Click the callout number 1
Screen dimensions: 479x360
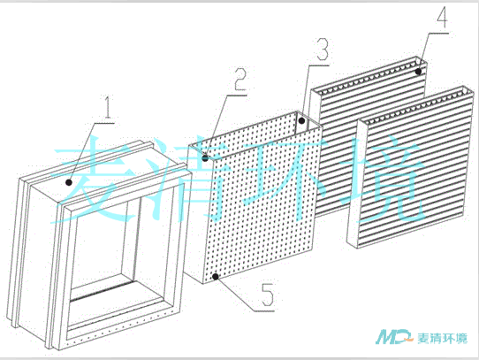coord(107,107)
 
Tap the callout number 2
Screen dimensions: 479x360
coord(240,79)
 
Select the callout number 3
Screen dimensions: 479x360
coord(323,49)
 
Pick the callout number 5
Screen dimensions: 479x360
coord(268,295)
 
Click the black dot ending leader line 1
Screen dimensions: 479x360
coord(69,182)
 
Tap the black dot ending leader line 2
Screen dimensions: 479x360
coord(206,158)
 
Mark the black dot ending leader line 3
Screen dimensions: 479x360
coord(302,120)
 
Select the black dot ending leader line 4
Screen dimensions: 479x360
coord(418,72)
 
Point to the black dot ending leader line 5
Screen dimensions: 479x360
coord(216,277)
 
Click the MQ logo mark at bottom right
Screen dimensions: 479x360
coord(394,337)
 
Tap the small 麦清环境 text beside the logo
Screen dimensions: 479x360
coord(442,338)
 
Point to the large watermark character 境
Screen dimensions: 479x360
coord(380,179)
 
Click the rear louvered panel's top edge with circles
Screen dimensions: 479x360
coord(369,74)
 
